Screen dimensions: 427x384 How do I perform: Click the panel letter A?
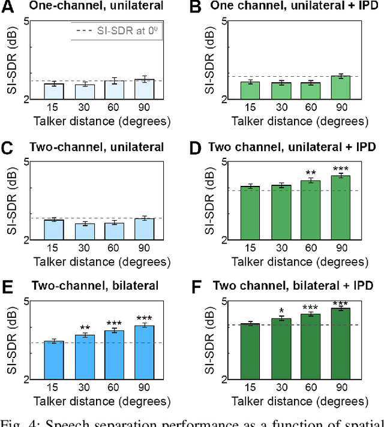click(x=8, y=7)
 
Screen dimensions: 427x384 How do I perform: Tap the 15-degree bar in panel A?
click(x=54, y=91)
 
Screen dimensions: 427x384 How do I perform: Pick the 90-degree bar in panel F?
click(x=340, y=343)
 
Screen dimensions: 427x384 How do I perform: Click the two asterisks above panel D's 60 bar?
click(x=310, y=172)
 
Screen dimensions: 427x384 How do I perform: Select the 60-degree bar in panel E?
click(x=114, y=354)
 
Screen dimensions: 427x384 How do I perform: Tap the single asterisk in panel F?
click(x=281, y=311)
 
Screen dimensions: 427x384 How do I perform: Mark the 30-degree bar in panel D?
click(x=281, y=212)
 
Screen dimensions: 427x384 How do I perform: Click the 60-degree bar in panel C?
click(x=114, y=231)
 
